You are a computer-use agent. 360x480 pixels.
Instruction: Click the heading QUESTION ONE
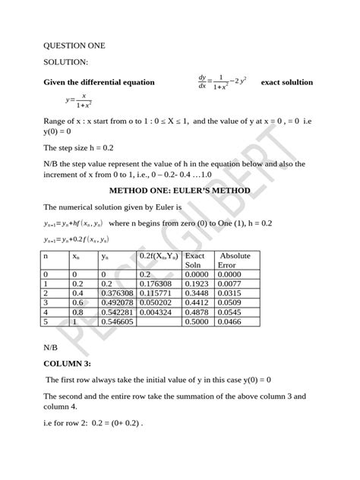[x=74, y=46]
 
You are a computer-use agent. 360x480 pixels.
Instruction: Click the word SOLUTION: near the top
[x=65, y=63]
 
